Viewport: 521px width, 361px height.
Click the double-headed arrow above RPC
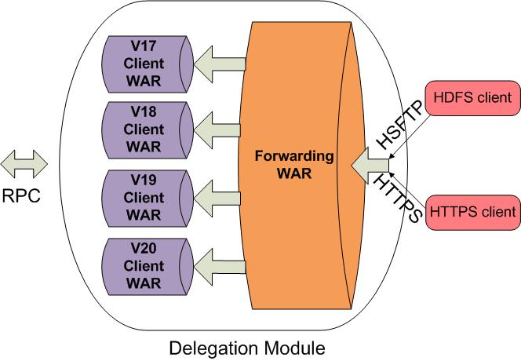pos(24,165)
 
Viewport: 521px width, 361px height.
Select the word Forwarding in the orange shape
pos(294,155)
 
